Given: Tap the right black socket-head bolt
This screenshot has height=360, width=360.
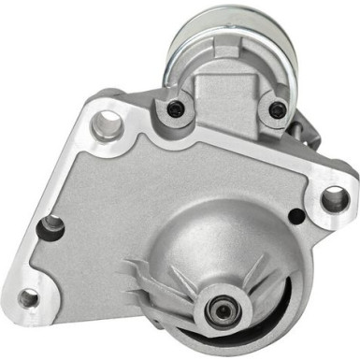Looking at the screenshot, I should pyautogui.click(x=277, y=109).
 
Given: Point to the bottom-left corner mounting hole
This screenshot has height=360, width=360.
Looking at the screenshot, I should pyautogui.click(x=29, y=298).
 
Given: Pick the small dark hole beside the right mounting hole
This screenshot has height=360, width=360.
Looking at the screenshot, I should pyautogui.click(x=296, y=217).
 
